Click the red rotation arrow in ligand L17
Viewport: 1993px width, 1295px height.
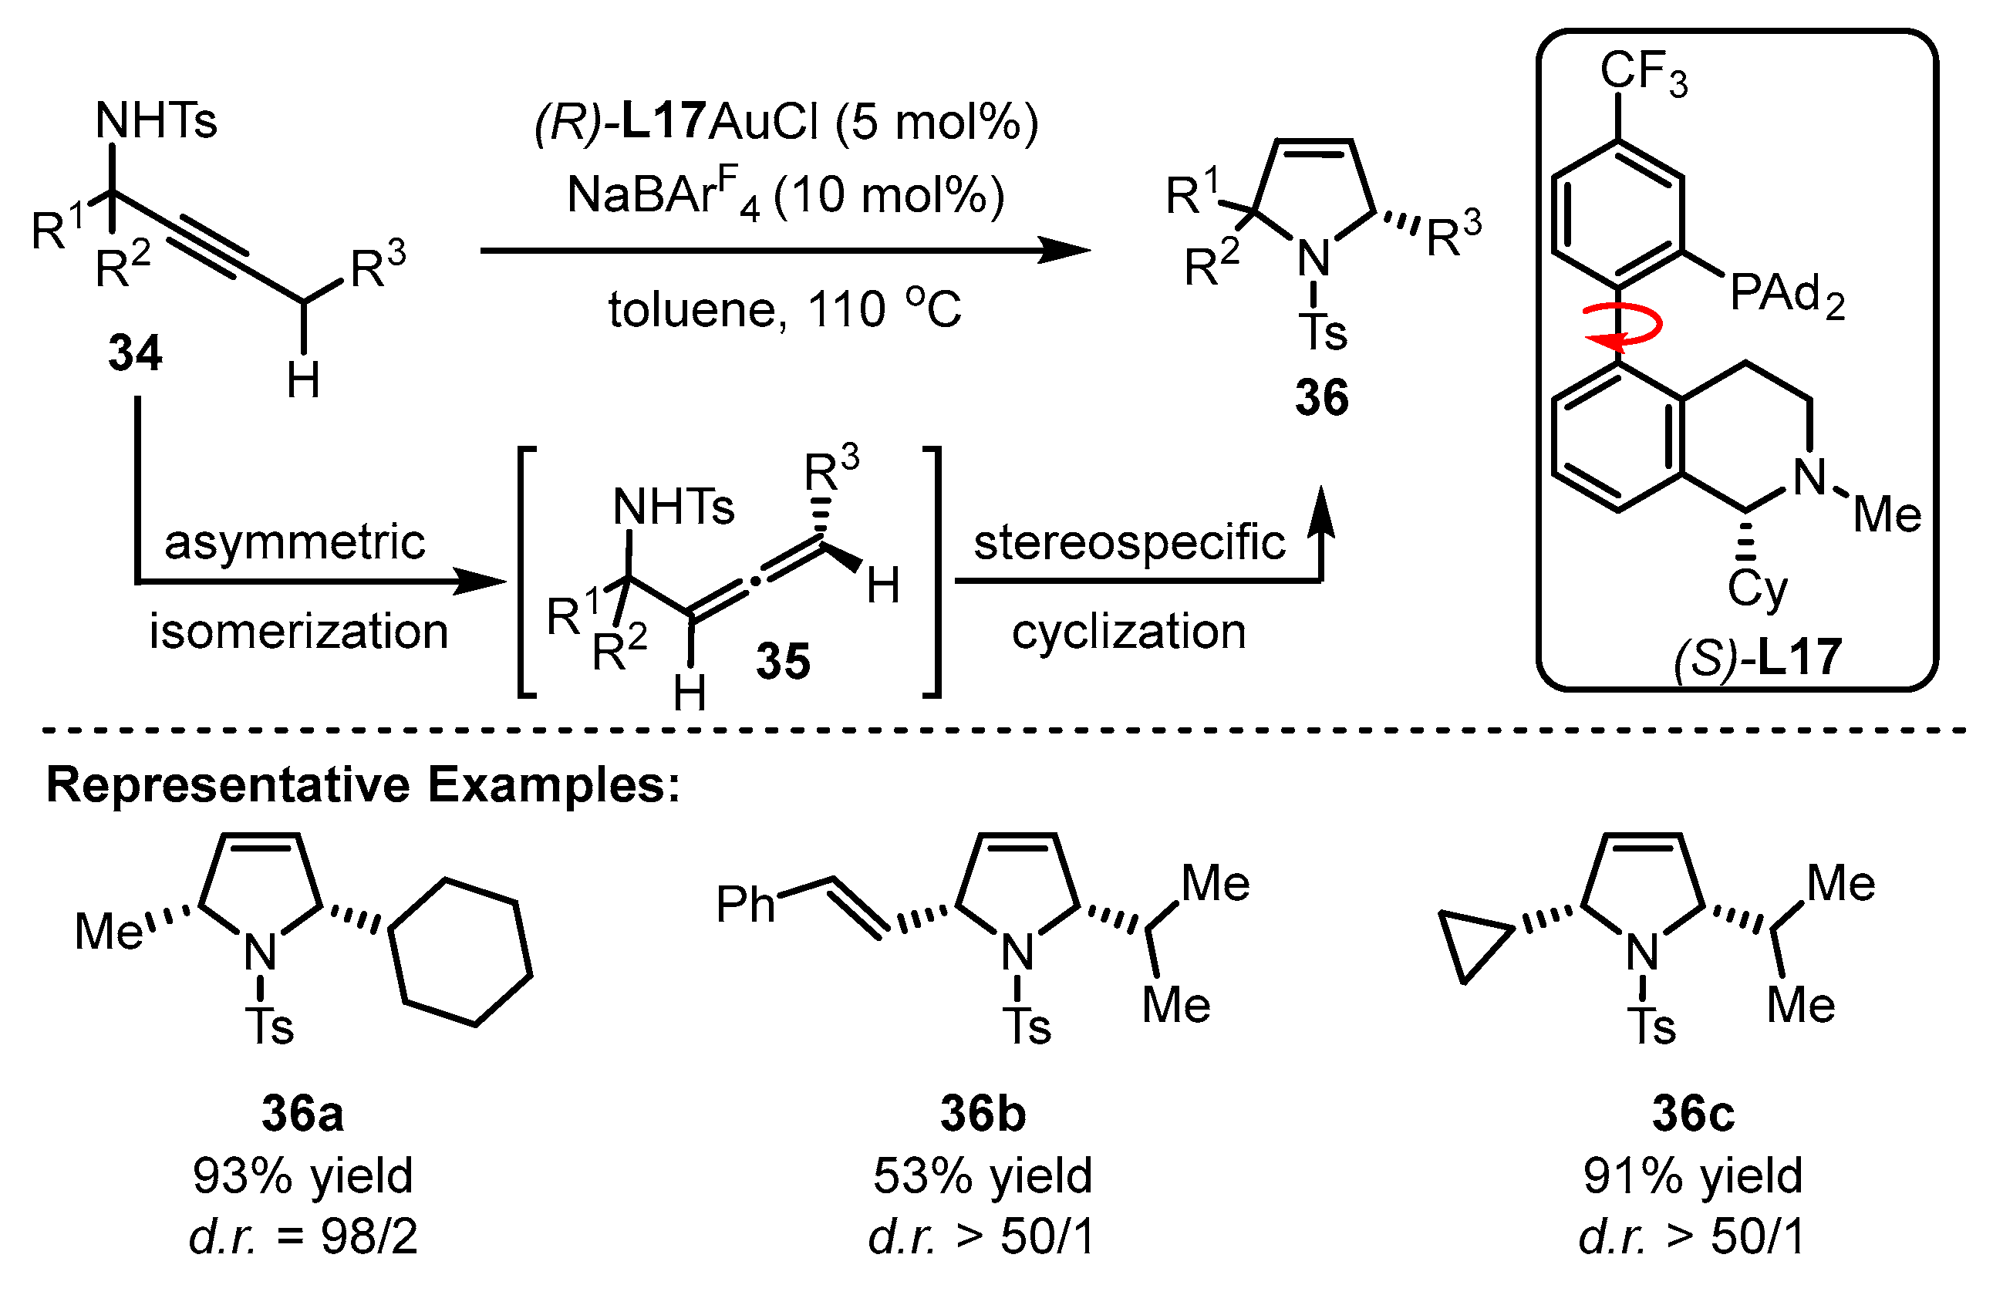[1624, 328]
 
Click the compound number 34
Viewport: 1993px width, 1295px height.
[135, 352]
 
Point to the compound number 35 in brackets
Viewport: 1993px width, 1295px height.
[783, 661]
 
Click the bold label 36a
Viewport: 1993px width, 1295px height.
[302, 1114]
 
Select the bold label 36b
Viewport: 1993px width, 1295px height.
[983, 1114]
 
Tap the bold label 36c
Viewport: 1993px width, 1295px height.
[1693, 1114]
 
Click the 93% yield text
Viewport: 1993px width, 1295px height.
[302, 1175]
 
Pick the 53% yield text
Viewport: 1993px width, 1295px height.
[983, 1175]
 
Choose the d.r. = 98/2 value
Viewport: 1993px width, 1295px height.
[302, 1236]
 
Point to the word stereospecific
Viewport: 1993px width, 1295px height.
[1129, 542]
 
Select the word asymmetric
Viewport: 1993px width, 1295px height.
[295, 542]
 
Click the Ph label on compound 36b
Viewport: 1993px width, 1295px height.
[744, 905]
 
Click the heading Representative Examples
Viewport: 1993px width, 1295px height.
[363, 786]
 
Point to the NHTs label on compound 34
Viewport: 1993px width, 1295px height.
[157, 120]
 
